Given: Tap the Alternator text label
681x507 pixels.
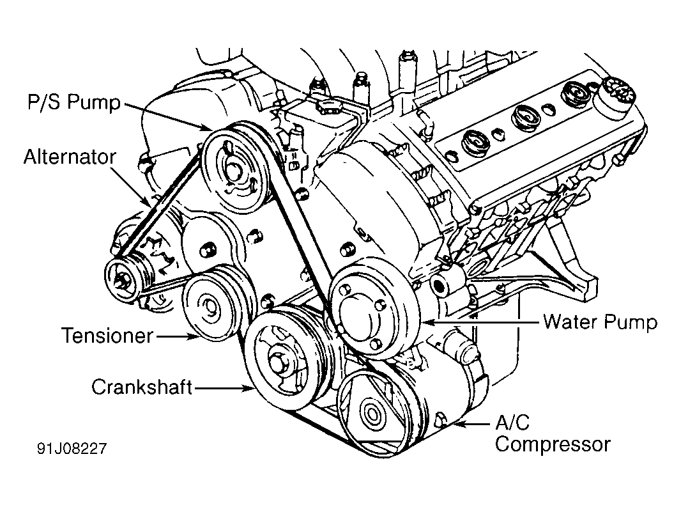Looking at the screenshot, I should (70, 157).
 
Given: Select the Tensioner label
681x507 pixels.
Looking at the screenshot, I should (107, 335).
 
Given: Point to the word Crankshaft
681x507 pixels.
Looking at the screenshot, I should (142, 387).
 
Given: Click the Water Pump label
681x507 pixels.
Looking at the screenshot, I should (599, 322).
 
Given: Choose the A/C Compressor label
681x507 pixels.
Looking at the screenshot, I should (552, 433).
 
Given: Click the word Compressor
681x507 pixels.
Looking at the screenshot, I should (552, 444).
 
